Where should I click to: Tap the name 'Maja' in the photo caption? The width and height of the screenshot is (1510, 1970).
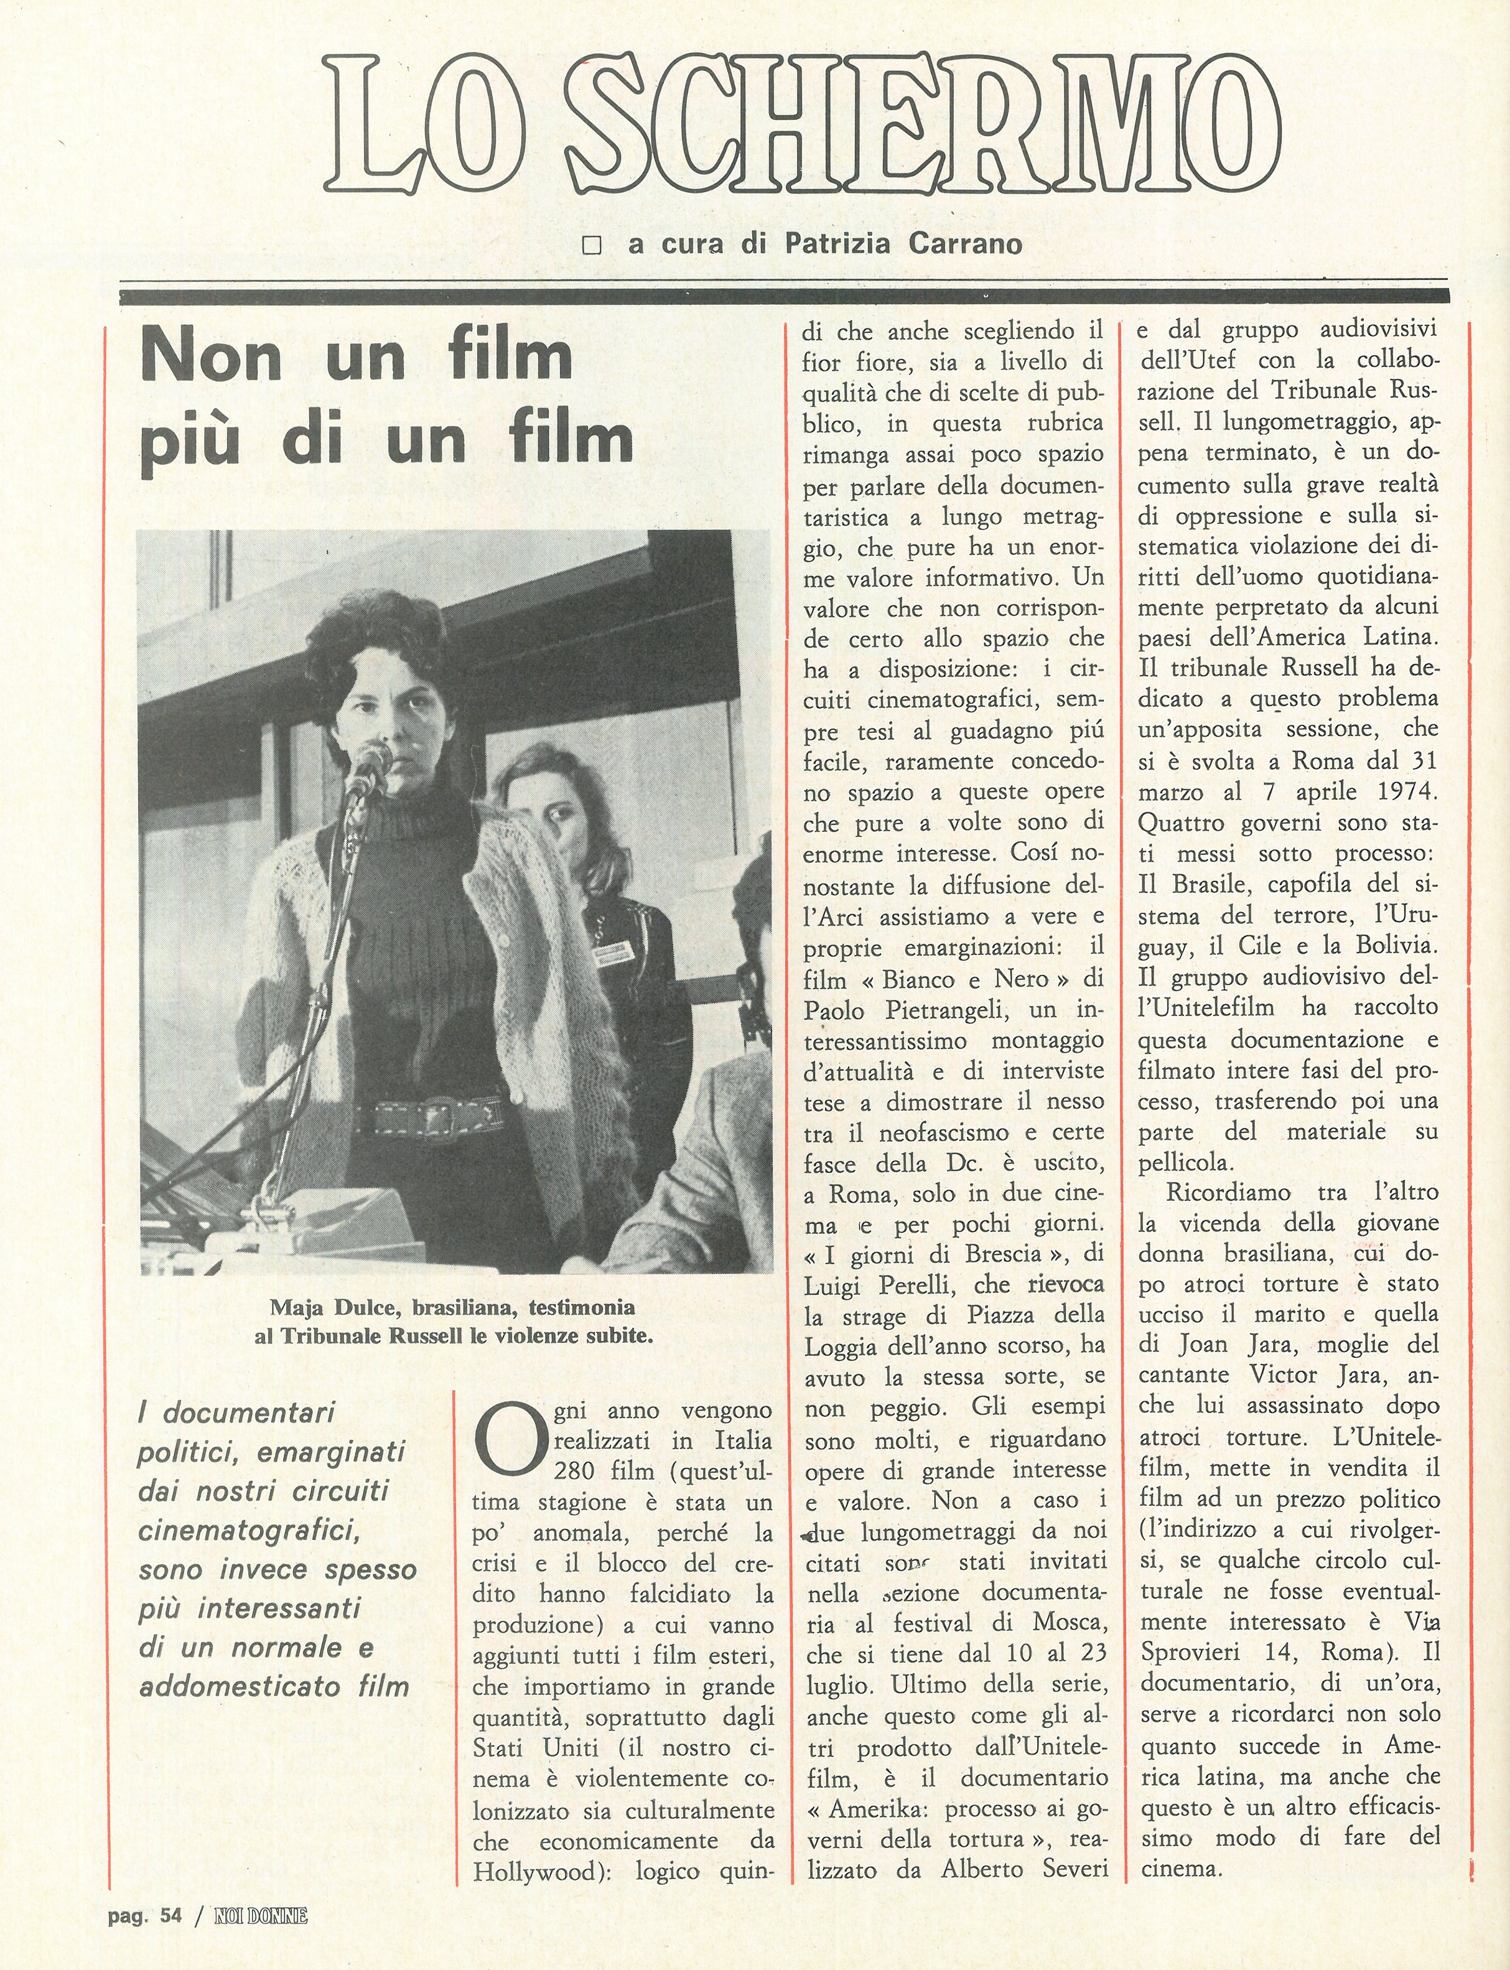pyautogui.click(x=297, y=1306)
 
